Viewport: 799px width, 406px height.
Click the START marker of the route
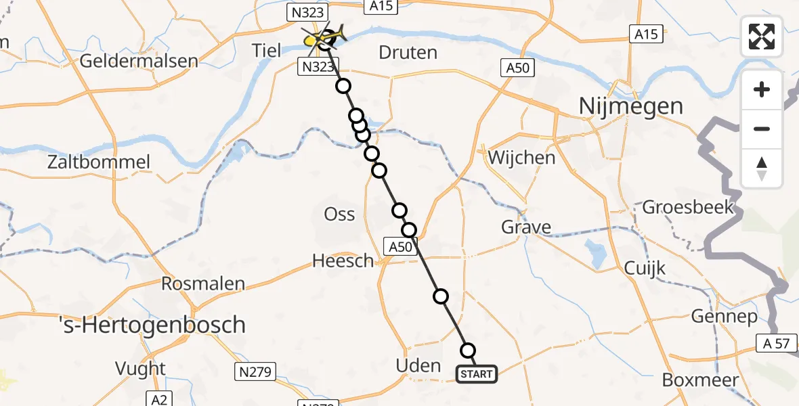(477, 374)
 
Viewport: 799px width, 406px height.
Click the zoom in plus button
(762, 89)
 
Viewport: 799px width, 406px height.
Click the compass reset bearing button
(762, 168)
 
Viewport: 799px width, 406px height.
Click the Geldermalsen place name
(139, 61)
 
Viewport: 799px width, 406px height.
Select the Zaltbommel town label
(99, 162)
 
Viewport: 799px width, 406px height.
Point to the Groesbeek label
(688, 206)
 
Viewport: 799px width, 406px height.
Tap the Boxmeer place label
(700, 380)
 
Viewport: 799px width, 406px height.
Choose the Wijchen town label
(521, 158)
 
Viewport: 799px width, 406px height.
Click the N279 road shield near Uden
(255, 371)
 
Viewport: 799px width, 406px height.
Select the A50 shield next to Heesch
(399, 247)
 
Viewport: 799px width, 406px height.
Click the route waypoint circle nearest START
(468, 351)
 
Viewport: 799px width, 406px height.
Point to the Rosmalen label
(203, 283)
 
